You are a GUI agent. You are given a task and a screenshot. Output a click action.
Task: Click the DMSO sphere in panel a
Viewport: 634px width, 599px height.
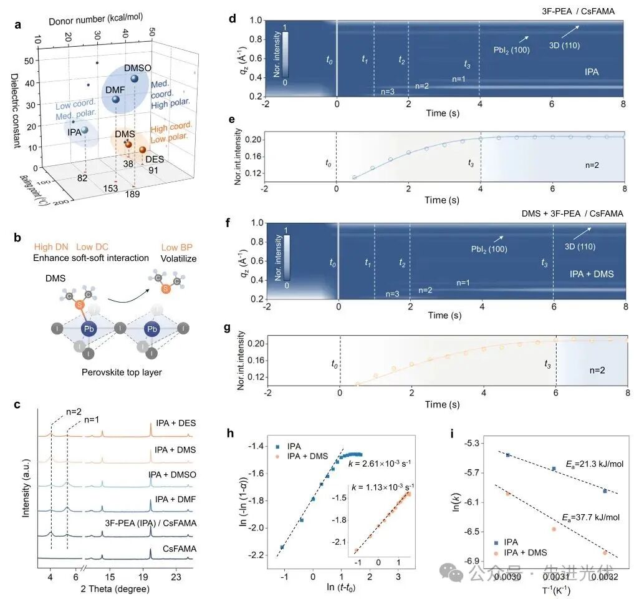click(134, 79)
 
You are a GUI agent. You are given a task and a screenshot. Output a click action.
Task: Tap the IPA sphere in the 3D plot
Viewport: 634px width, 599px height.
click(84, 130)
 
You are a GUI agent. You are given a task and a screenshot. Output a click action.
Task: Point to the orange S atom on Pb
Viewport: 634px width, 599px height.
click(80, 305)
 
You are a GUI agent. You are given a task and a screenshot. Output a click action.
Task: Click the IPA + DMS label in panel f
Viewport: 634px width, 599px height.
click(592, 274)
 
